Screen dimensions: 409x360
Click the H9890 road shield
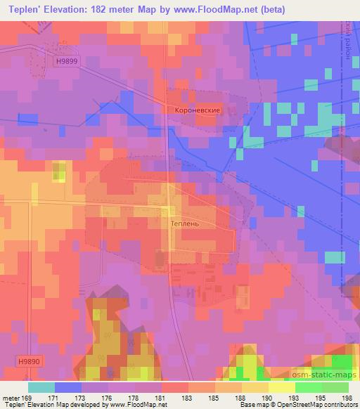pos(30,360)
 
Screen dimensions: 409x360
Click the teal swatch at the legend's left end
pos(41,387)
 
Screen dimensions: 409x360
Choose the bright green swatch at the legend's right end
pos(335,387)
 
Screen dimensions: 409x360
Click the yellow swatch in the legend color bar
pos(281,387)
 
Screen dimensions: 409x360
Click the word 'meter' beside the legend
pos(10,398)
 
